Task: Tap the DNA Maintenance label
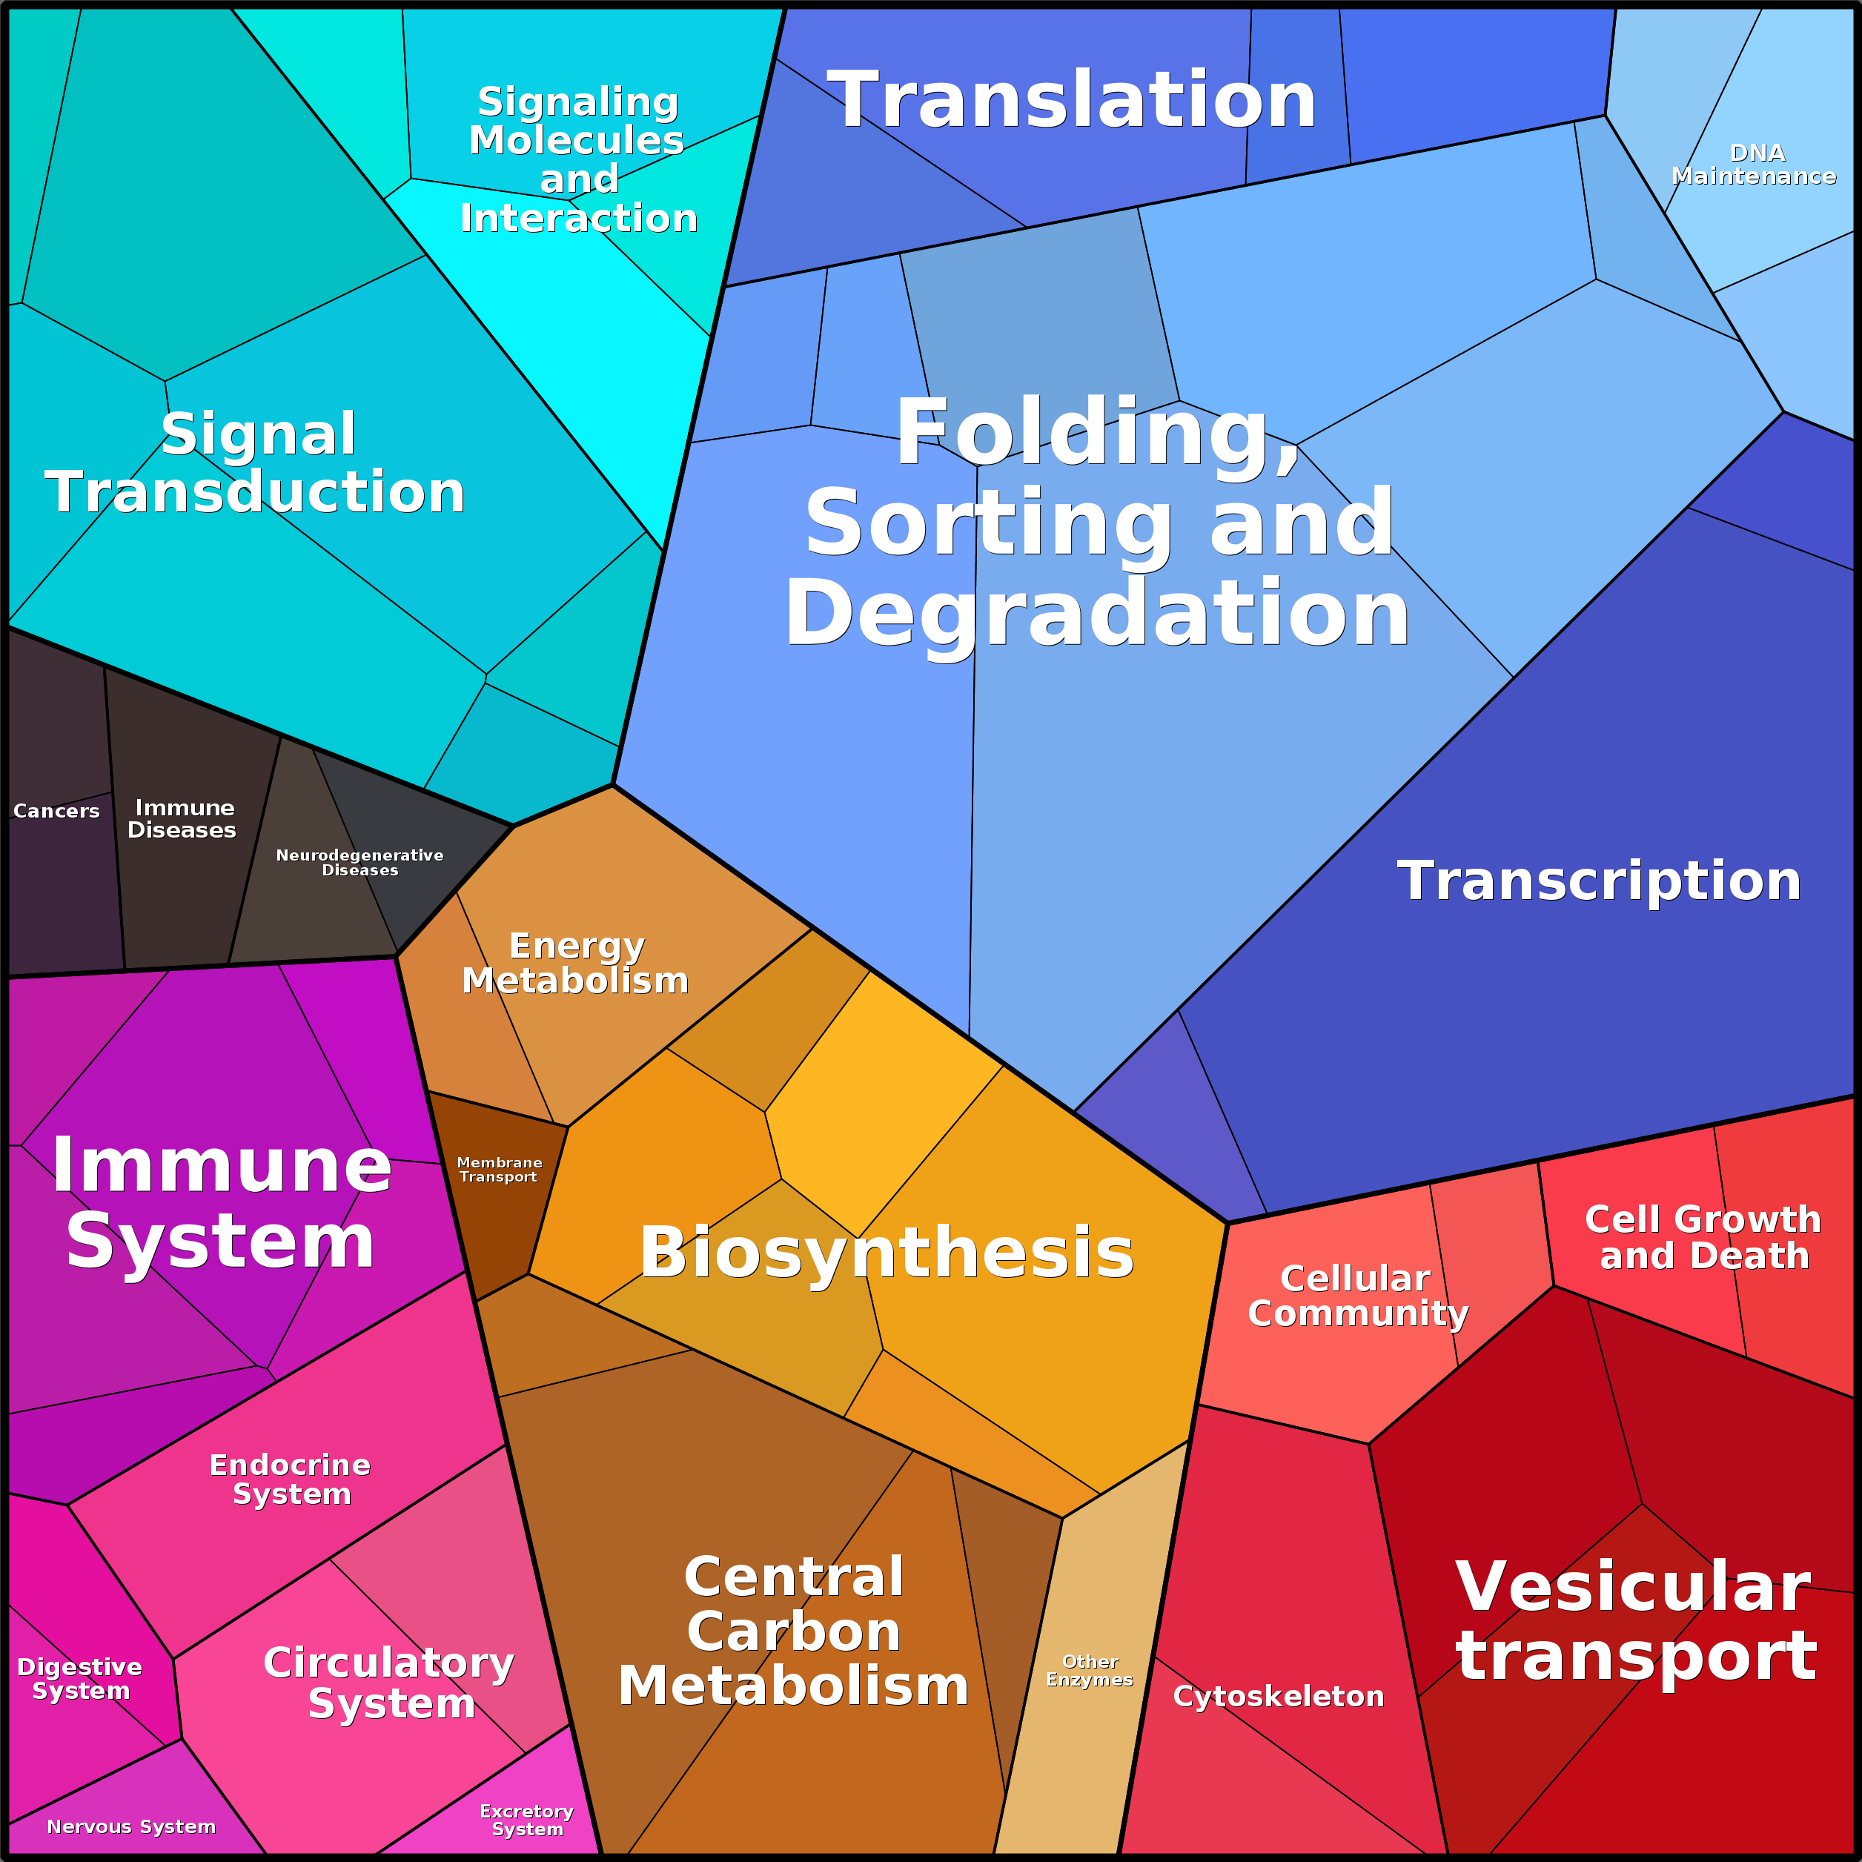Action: click(1754, 165)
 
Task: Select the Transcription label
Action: click(1599, 881)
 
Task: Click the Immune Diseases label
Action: click(183, 819)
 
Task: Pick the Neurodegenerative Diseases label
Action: click(360, 863)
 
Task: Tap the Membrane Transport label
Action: click(500, 1170)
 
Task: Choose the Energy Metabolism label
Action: click(575, 964)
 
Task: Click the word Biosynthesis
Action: click(887, 1253)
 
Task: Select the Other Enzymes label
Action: click(1090, 1670)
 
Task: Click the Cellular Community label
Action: click(1357, 1296)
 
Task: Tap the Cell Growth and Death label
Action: click(1703, 1237)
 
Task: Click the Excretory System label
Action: click(527, 1820)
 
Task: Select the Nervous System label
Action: click(131, 1827)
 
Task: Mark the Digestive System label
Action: click(80, 1680)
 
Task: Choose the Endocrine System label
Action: click(290, 1480)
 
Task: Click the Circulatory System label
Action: click(389, 1683)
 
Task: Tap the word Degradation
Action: click(1097, 614)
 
